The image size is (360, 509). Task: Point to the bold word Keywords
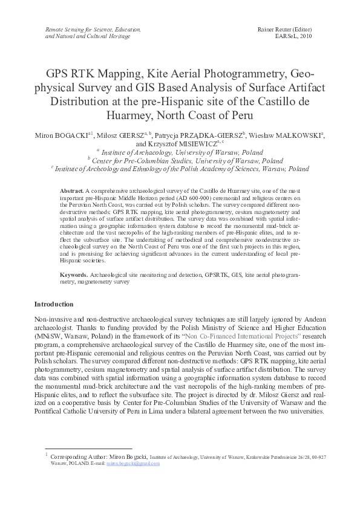pos(74,275)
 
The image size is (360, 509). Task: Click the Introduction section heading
pos(54,304)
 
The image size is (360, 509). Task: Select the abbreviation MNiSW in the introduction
pos(47,336)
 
